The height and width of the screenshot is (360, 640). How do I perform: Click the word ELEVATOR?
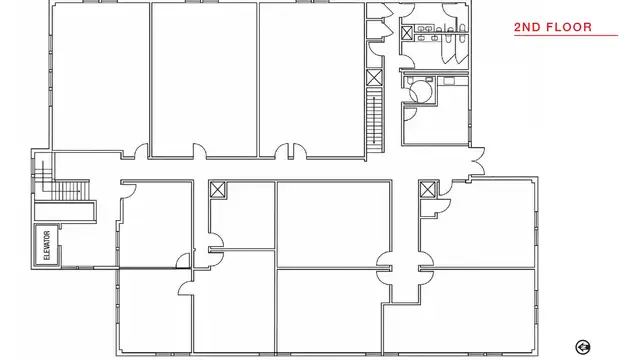[x=47, y=245]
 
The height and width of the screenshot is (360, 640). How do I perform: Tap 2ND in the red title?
[x=528, y=27]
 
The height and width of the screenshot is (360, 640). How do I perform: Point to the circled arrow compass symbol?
[x=583, y=347]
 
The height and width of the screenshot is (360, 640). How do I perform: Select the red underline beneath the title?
[x=566, y=36]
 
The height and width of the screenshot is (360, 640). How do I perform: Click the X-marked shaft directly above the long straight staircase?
[x=374, y=78]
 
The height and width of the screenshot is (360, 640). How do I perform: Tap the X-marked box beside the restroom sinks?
[x=407, y=33]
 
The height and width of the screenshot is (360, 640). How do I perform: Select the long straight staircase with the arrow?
[x=375, y=120]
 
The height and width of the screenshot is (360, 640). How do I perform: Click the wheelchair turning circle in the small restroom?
[x=420, y=92]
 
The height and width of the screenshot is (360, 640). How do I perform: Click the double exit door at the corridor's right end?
[x=478, y=161]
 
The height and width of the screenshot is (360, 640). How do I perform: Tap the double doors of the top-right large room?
[x=291, y=151]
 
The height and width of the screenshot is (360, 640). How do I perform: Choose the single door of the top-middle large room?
[x=200, y=151]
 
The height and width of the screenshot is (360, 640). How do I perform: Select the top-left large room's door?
[x=141, y=151]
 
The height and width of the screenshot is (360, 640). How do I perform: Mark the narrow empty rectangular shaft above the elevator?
[x=64, y=211]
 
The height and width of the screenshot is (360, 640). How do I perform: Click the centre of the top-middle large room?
[x=204, y=80]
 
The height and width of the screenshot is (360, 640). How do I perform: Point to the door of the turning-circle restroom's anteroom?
[x=410, y=113]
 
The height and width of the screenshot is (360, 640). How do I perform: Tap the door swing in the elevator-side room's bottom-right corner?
[x=183, y=260]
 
